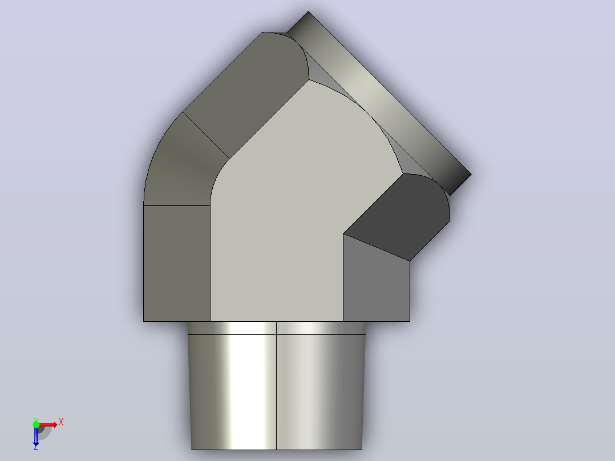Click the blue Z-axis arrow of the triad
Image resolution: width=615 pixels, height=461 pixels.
tap(36, 436)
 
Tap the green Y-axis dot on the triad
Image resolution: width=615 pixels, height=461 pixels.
tap(36, 424)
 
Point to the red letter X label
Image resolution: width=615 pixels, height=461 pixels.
tap(61, 422)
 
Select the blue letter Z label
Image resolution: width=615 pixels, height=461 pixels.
tap(36, 447)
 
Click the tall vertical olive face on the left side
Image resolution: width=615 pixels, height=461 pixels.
tap(176, 263)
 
